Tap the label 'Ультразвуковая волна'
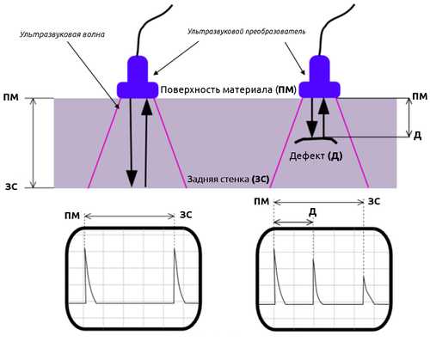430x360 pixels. pos(62,34)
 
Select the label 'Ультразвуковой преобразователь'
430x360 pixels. pos(247,31)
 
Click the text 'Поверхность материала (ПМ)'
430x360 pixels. pos(228,89)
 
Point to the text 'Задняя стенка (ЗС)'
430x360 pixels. pos(228,180)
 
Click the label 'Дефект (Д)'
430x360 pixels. pos(316,156)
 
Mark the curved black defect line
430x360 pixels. pos(316,139)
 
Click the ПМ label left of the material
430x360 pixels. pos(11,97)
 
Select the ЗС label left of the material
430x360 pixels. pos(11,187)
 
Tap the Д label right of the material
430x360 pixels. pos(418,135)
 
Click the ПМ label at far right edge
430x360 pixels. pos(420,96)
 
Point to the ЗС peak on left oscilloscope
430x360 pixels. pos(175,248)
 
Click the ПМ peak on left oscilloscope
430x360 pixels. pos(84,248)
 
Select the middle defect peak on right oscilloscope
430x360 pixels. pos(313,259)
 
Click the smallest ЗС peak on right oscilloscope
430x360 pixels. pos(364,276)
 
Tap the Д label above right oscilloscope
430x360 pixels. pos(313,212)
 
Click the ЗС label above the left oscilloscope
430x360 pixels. pos(186,215)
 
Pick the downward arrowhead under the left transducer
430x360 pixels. pos(132,179)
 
